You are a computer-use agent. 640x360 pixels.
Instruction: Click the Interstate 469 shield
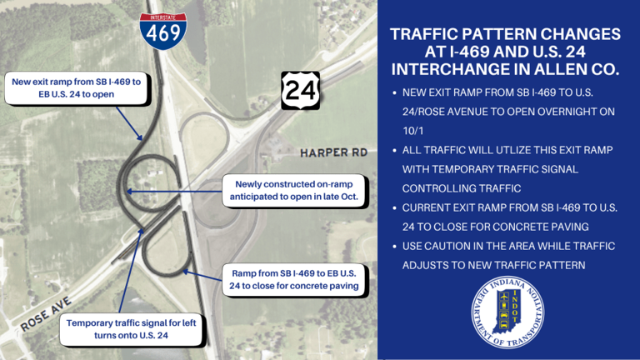[162, 29]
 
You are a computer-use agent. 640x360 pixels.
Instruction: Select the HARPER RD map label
[333, 155]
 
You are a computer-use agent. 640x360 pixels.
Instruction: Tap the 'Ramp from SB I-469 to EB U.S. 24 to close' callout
[294, 279]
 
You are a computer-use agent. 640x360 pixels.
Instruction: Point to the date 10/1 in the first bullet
[415, 130]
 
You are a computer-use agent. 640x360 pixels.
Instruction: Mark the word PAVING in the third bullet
[574, 227]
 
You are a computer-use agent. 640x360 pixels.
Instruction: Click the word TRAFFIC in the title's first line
[434, 34]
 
